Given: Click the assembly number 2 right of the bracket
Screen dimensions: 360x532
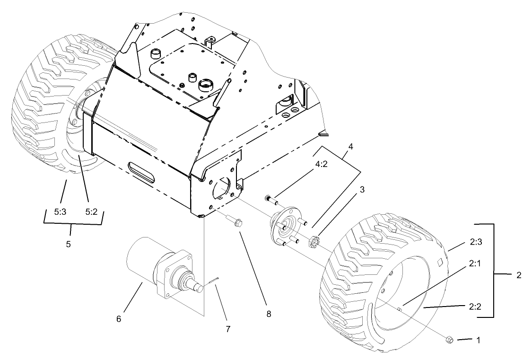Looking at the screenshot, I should pos(519,275).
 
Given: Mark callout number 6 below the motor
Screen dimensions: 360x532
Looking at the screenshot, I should pos(119,319).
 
